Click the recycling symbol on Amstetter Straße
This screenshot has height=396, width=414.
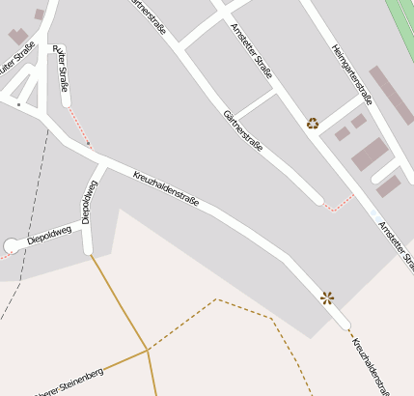point(313,123)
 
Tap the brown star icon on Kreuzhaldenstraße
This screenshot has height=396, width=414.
point(327,297)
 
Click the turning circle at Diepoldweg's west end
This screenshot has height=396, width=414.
point(12,246)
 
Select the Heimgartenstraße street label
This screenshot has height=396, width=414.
point(352,72)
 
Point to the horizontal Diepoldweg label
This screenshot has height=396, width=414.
point(49,235)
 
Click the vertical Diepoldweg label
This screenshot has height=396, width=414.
point(89,201)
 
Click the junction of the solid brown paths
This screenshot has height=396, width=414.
point(148,350)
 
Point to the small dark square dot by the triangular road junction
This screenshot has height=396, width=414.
point(18,103)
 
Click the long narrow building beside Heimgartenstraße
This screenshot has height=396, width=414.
point(391,95)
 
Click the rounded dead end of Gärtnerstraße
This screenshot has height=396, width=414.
point(317,200)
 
